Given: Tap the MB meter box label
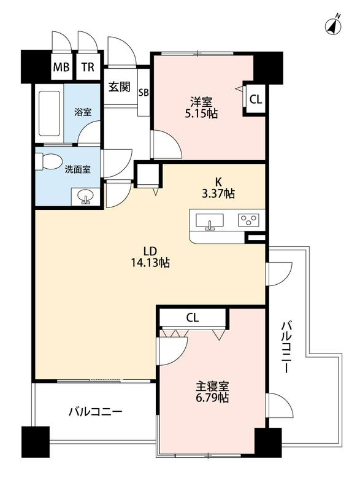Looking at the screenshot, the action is tap(61, 67).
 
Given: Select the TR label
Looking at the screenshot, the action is tap(88, 67).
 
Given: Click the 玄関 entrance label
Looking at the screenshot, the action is tap(120, 87).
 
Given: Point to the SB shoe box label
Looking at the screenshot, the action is tap(144, 93).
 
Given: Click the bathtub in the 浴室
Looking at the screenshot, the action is tap(49, 114).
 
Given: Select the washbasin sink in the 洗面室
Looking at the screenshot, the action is tap(85, 197).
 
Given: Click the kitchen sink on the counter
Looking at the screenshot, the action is tap(210, 221).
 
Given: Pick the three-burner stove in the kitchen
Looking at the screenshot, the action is tap(248, 220).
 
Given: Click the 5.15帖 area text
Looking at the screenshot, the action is tap(201, 114).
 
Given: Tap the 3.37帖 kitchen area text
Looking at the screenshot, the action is tap(218, 193).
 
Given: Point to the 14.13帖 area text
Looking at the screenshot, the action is tap(150, 263).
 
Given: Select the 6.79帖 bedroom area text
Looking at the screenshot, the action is tap(212, 398).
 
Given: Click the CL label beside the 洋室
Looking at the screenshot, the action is tap(256, 99).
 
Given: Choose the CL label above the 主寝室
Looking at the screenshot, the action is tap(193, 318).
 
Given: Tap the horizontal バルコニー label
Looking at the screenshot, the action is tap(96, 411).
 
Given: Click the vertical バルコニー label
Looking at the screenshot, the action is tap(286, 347).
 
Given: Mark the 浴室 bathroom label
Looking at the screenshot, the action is tap(83, 112).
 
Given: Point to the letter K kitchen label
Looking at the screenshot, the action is tap(218, 181).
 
